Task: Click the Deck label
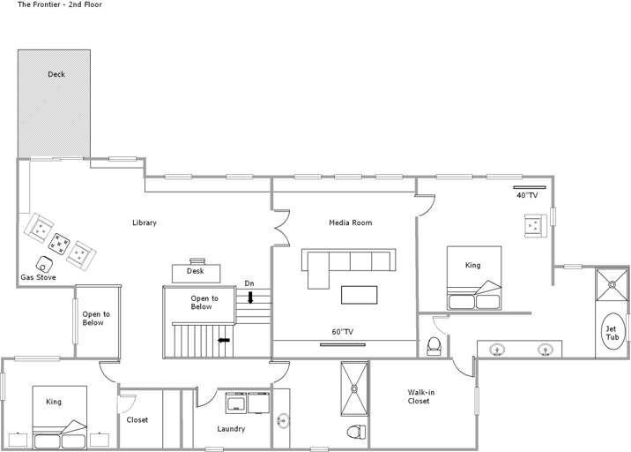click(56, 74)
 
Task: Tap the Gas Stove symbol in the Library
click(44, 263)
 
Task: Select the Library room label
click(144, 222)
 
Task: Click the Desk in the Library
click(196, 270)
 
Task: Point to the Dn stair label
click(249, 283)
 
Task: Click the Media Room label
click(350, 222)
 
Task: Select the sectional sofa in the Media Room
click(348, 263)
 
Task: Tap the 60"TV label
click(342, 332)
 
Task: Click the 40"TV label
click(527, 195)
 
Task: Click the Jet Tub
click(611, 333)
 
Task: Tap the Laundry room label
click(231, 429)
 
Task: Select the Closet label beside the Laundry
click(137, 419)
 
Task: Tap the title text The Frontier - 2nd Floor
click(60, 5)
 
